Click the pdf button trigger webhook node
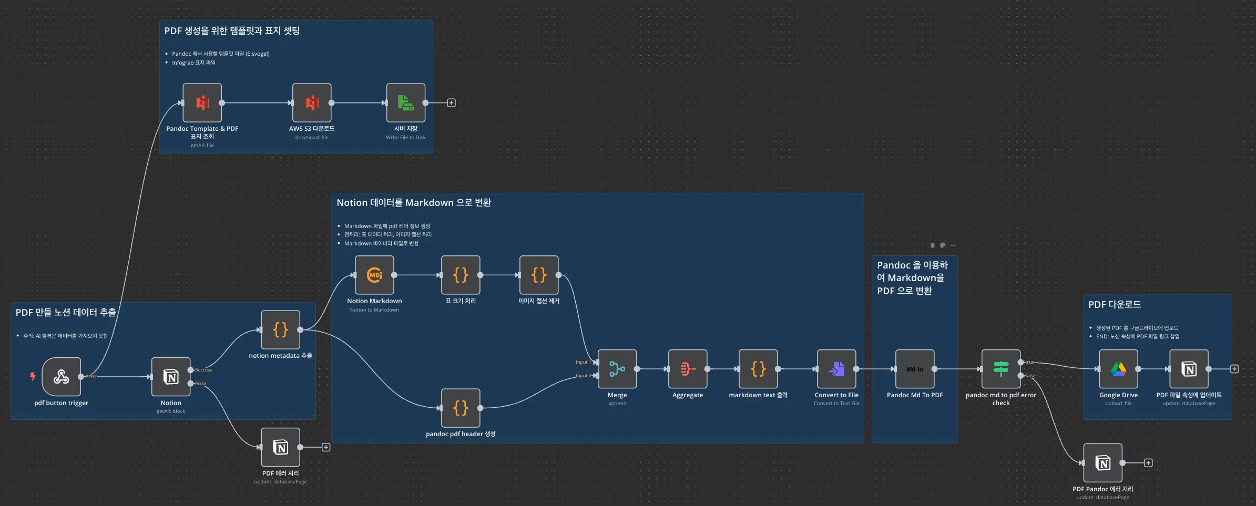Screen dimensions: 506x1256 click(61, 377)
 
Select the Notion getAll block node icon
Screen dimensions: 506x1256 click(171, 377)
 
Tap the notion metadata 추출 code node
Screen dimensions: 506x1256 click(281, 330)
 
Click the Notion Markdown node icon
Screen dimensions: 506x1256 click(374, 275)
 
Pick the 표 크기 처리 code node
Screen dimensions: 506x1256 click(461, 275)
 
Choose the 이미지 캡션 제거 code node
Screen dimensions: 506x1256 click(539, 275)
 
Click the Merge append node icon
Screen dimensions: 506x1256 click(617, 369)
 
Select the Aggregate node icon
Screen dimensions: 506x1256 click(688, 369)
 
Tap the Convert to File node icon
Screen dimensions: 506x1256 click(836, 369)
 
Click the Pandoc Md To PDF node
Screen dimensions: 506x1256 click(915, 369)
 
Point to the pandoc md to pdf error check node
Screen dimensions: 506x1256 click(1001, 369)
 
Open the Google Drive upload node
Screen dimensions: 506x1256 click(1118, 369)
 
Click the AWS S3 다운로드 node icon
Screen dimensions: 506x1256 click(312, 102)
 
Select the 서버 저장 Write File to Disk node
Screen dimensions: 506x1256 click(406, 102)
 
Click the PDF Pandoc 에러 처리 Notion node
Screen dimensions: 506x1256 click(1102, 463)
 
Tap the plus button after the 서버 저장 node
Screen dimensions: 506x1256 click(451, 103)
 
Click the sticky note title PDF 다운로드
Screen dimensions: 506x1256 click(1114, 305)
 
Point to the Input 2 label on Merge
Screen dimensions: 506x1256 click(583, 376)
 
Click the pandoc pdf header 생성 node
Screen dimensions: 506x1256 click(461, 408)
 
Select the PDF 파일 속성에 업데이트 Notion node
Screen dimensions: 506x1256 click(1189, 369)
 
